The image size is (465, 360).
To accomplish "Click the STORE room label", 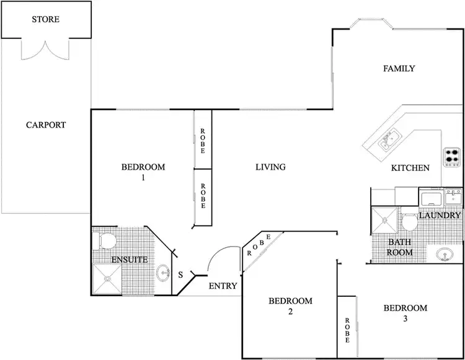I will tap(46, 19).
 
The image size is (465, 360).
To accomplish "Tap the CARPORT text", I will tap(46, 125).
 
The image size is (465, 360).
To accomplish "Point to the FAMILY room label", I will tap(399, 69).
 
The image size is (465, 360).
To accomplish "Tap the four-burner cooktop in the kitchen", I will tap(451, 157).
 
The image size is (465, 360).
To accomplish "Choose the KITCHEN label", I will tap(410, 168).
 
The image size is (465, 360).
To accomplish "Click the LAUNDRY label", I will tap(440, 216).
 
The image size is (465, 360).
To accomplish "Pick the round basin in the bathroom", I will tap(445, 254).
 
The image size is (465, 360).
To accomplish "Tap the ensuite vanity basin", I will tap(163, 273).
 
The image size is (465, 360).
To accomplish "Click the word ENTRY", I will tap(223, 286).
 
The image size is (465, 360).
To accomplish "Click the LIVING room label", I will tap(270, 167).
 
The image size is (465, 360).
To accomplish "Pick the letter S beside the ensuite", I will tap(180, 274).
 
